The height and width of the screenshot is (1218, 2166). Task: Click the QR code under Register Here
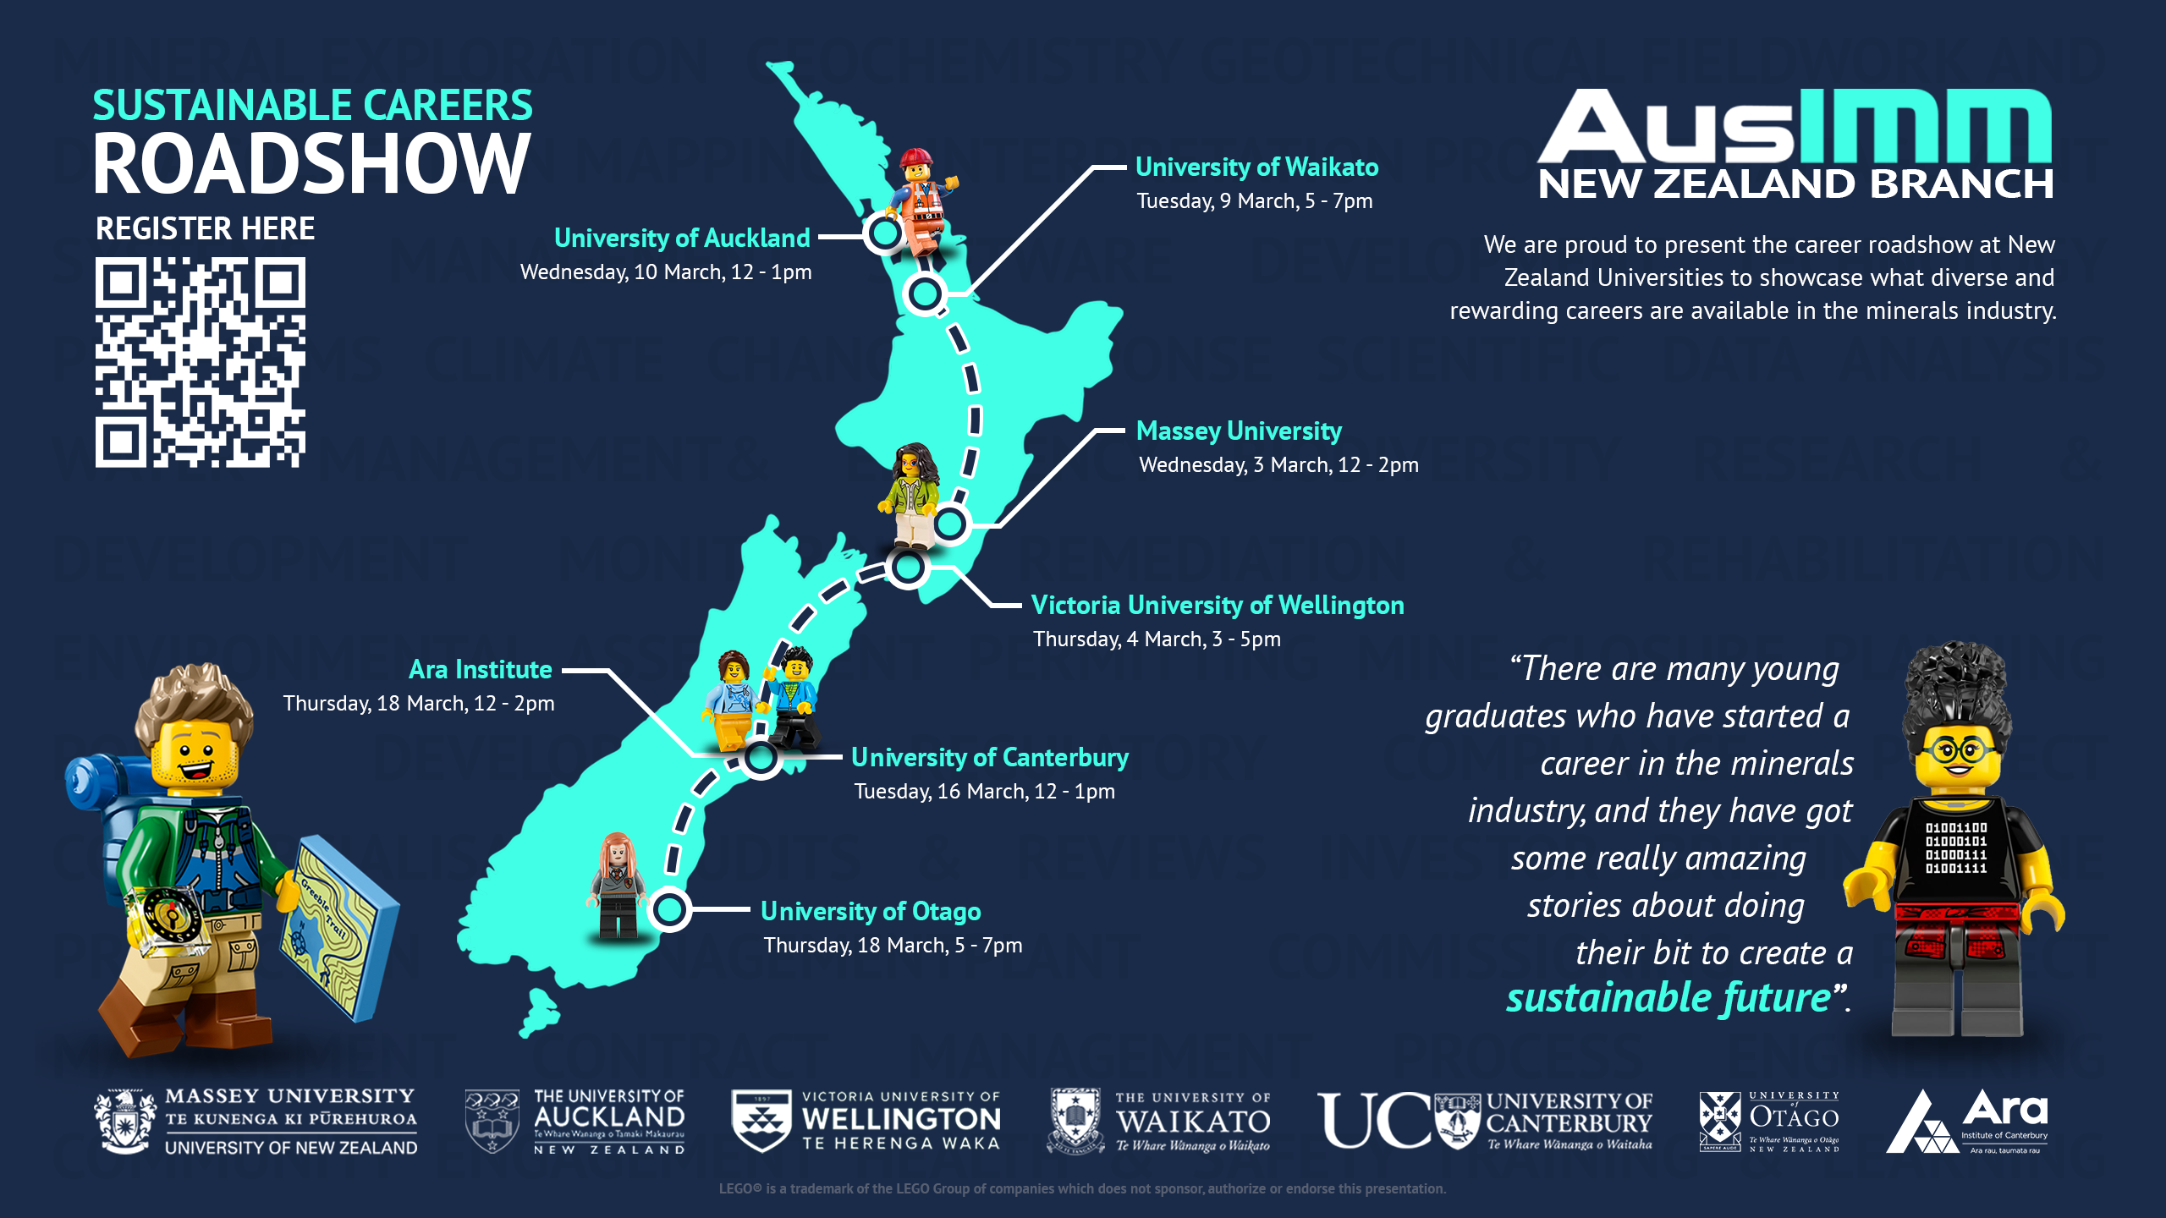click(200, 362)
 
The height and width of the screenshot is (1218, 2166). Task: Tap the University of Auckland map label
click(681, 239)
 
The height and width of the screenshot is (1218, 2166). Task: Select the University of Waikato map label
click(1256, 167)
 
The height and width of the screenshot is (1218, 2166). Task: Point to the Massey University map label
click(1239, 431)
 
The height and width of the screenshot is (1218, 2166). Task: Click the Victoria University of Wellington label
click(1217, 606)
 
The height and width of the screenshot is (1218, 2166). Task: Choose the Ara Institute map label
click(480, 670)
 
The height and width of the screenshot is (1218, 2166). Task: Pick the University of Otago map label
click(870, 912)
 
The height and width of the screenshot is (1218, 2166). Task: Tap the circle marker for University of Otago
click(670, 910)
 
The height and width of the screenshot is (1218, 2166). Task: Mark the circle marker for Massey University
click(950, 524)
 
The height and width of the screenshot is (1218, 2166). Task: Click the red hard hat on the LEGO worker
click(915, 158)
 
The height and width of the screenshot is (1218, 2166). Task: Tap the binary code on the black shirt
click(1956, 848)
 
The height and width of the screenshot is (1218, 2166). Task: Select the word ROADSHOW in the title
click(311, 164)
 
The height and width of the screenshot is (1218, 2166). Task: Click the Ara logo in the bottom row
click(1967, 1122)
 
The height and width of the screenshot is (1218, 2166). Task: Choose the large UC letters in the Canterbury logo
click(1374, 1120)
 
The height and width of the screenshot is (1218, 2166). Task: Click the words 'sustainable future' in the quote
click(1668, 998)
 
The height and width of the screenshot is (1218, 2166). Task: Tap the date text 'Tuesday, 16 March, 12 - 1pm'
click(984, 792)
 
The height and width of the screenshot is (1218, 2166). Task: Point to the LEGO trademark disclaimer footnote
click(1082, 1188)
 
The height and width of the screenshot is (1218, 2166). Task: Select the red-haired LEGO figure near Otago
click(618, 884)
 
